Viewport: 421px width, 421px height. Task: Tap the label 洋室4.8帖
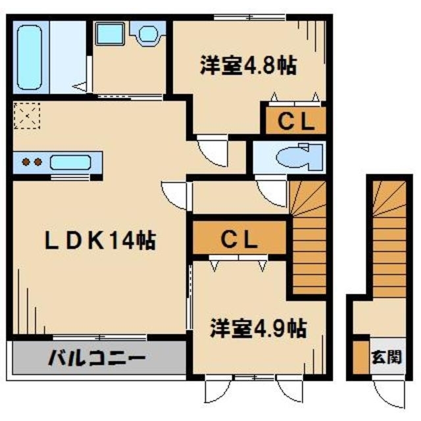247,66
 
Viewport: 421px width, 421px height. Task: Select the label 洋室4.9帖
258,327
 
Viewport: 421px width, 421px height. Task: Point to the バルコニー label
96,359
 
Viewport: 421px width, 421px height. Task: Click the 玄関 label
386,359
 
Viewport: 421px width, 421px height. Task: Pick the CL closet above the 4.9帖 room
237,240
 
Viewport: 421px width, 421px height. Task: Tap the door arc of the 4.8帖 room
212,150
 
